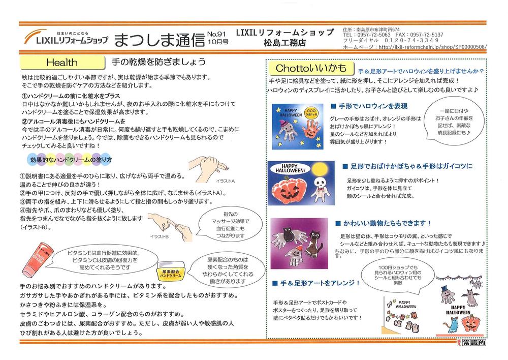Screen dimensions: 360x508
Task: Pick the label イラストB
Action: pos(160,236)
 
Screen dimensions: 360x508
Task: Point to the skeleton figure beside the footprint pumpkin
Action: pos(321,188)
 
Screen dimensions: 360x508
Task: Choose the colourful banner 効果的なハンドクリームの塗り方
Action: pos(71,160)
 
